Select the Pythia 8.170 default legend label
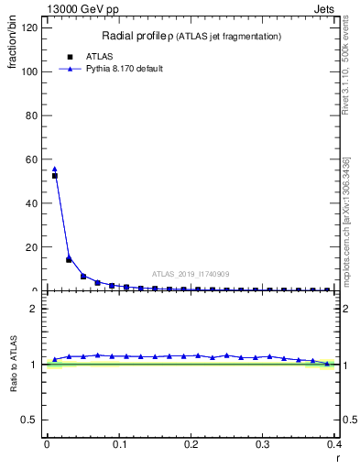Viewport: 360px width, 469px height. pyautogui.click(x=124, y=69)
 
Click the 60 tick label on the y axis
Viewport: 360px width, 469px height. pyautogui.click(x=35, y=159)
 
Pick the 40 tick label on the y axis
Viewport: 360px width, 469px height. pyautogui.click(x=35, y=203)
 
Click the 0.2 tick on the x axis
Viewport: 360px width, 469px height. pyautogui.click(x=191, y=444)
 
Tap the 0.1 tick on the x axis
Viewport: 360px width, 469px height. pyautogui.click(x=119, y=444)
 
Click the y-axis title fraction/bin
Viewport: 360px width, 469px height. pyautogui.click(x=13, y=45)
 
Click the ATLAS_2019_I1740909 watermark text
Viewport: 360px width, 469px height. pyautogui.click(x=191, y=274)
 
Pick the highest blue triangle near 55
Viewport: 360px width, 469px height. pyautogui.click(x=54, y=169)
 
